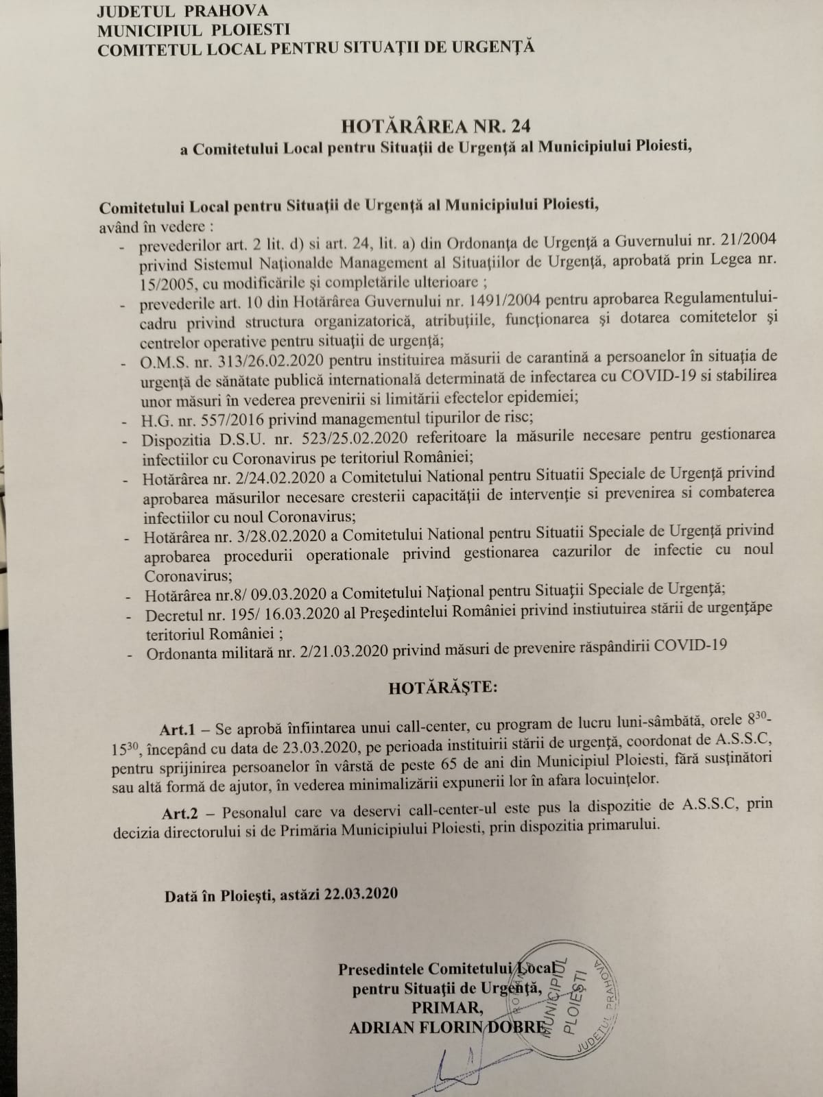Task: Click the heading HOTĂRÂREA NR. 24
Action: click(x=436, y=125)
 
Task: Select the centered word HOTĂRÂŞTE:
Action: click(x=442, y=687)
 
